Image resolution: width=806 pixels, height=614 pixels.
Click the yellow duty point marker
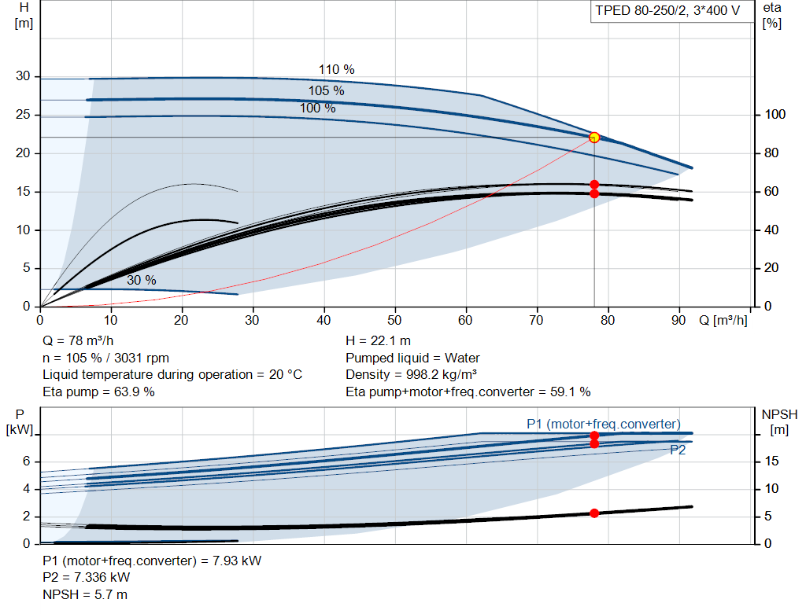tap(594, 137)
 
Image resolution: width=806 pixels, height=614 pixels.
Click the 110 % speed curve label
tap(337, 69)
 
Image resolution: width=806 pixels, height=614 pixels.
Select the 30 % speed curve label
tap(142, 281)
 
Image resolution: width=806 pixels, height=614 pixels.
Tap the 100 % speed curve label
tap(318, 108)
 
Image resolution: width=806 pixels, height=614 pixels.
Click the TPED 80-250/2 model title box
tap(667, 11)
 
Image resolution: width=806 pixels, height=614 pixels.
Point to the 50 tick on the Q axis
tap(394, 320)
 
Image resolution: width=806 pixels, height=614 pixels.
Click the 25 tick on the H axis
tap(23, 115)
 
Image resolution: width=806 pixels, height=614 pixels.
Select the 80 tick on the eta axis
tap(771, 153)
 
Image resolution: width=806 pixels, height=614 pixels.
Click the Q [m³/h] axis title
tap(723, 320)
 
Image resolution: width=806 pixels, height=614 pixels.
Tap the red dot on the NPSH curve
tap(594, 513)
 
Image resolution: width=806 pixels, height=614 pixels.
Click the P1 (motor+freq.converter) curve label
tap(604, 424)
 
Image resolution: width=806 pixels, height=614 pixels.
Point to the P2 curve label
tap(678, 450)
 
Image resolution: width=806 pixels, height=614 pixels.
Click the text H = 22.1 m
tap(379, 341)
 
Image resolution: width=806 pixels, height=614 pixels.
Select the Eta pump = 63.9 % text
tap(98, 392)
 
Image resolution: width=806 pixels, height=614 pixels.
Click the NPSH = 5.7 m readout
tap(85, 595)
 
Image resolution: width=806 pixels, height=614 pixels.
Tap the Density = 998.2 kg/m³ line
tap(411, 375)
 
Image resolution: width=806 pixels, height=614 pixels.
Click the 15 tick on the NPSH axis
tap(771, 461)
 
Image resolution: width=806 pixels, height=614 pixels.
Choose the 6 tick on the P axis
tap(27, 461)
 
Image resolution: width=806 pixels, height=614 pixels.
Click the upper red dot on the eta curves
tap(594, 185)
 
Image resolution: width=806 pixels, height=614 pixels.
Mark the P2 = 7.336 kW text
tap(87, 578)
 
